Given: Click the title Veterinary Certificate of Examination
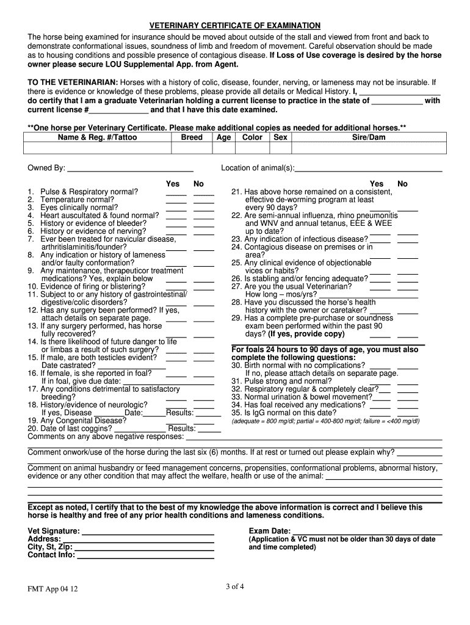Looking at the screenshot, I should coord(235,25).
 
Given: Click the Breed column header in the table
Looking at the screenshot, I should coord(192,137).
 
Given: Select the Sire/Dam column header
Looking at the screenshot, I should coord(368,137).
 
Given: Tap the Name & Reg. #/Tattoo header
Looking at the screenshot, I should coord(97,137).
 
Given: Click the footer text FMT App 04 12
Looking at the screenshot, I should coord(52,590).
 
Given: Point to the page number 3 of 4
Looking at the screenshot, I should coord(235,587).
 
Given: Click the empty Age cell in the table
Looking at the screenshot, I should coord(223,148).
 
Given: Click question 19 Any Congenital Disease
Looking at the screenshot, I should coord(77,420).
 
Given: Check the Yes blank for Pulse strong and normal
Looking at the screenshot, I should coord(380,383).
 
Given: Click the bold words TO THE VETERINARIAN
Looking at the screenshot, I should coord(73,82).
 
